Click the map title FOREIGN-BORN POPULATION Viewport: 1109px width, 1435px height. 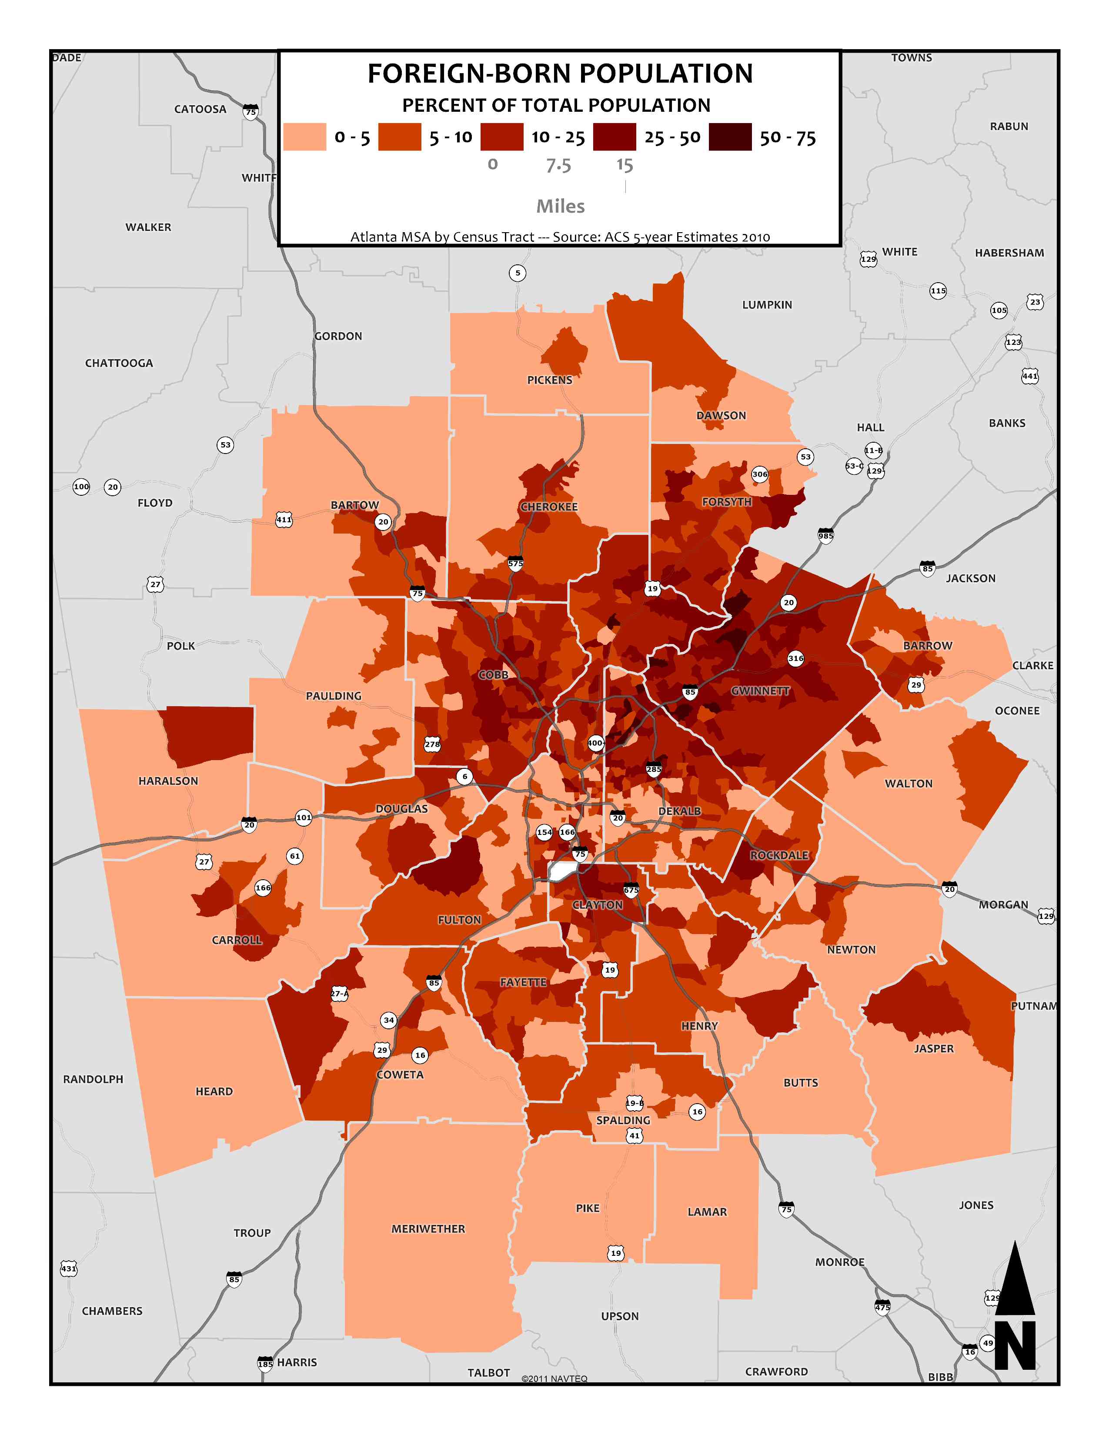tap(560, 73)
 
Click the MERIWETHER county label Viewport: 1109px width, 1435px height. tap(428, 1229)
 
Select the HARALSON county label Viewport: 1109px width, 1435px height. tap(168, 781)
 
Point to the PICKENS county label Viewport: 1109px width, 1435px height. tap(549, 380)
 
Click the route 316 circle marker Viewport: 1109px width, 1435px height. tap(795, 657)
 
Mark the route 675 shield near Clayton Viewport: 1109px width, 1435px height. tap(631, 890)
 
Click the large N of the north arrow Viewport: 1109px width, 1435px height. tap(1015, 1346)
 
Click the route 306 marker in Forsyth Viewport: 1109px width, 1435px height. tap(759, 474)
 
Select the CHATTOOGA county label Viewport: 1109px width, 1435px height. tap(119, 363)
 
